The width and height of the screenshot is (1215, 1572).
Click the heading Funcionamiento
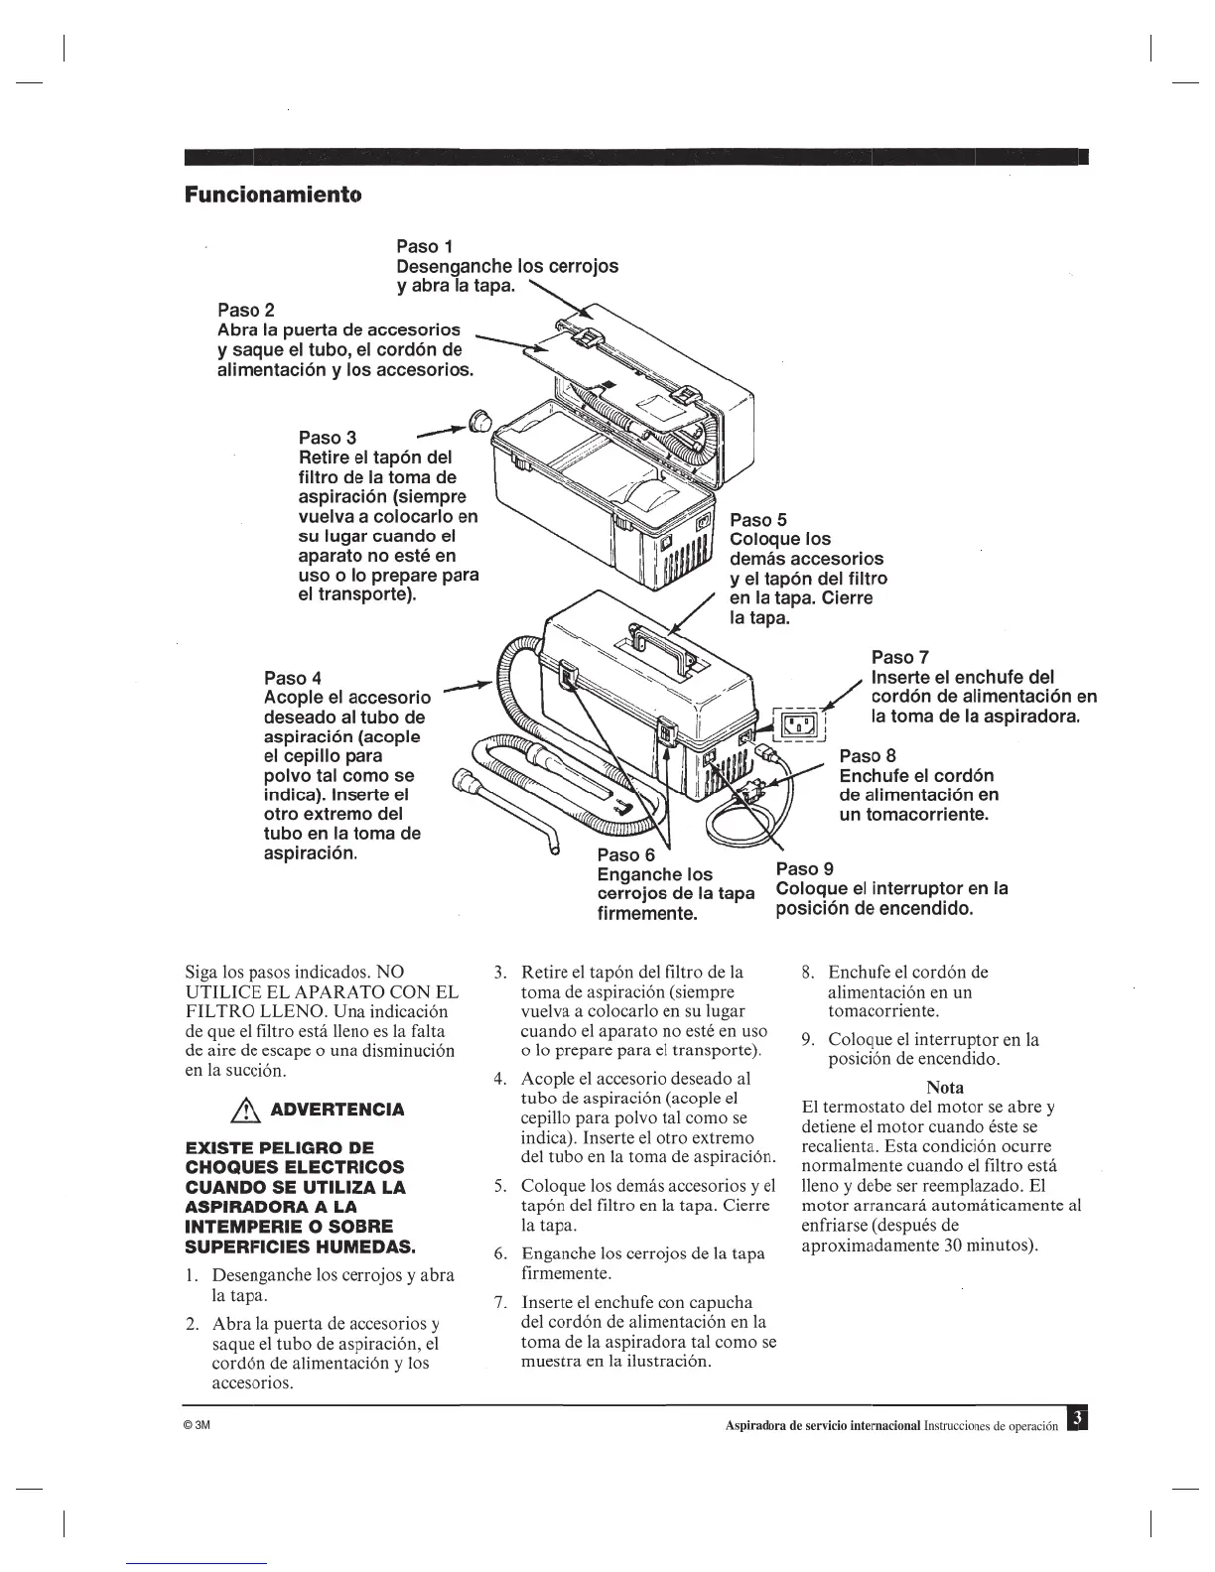(x=273, y=194)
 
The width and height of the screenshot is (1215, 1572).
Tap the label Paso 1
(x=425, y=246)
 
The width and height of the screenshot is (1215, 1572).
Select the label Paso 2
(x=245, y=309)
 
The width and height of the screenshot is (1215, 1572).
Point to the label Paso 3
(x=328, y=438)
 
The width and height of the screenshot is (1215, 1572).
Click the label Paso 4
(x=293, y=678)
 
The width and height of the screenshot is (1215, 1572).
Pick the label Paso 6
(x=626, y=854)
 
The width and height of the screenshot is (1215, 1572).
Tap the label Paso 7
(x=899, y=657)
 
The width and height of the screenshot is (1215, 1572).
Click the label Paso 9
(x=804, y=868)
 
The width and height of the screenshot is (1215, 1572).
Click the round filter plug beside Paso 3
(x=480, y=421)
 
